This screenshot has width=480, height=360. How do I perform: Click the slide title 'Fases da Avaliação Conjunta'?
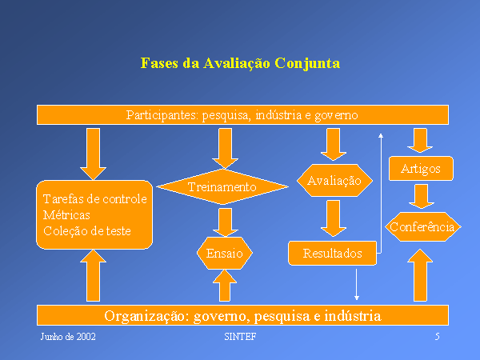pos(240,62)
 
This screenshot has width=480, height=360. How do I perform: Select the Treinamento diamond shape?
pos(222,187)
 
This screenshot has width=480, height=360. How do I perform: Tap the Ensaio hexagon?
pos(225,254)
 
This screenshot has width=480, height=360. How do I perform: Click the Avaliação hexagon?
pos(334,182)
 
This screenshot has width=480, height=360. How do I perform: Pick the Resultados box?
pos(332,254)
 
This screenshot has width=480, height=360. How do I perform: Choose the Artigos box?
pos(420,169)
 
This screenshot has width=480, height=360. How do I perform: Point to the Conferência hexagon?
pos(422,227)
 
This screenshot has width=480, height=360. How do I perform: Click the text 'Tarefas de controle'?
pos(94,199)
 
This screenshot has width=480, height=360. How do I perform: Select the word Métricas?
pos(66,215)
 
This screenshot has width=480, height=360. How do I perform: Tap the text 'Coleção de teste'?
pos(86,231)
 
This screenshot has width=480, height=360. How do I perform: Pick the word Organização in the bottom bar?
pos(143,315)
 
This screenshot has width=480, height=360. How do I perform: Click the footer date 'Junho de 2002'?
pos(68,337)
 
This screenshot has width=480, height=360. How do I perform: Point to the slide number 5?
pos(437,337)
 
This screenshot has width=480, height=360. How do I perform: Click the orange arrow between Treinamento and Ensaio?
pos(226,220)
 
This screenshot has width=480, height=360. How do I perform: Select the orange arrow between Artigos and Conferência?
pos(419,196)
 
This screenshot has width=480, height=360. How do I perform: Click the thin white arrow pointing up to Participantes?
pos(381,192)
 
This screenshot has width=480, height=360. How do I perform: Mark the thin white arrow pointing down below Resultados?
pos(357,284)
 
